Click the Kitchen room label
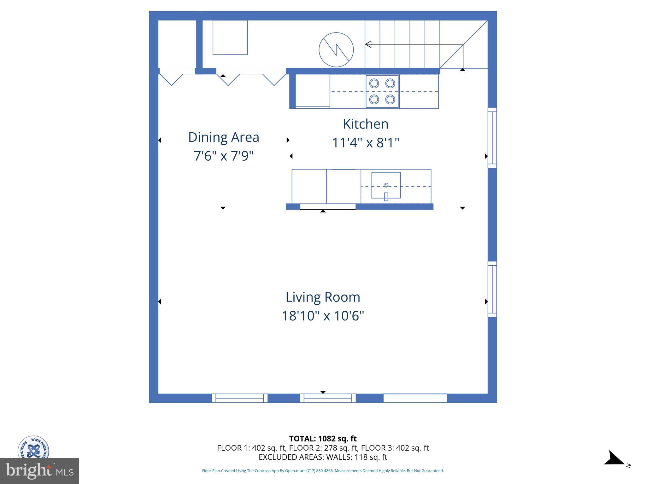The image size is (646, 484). pyautogui.click(x=365, y=124)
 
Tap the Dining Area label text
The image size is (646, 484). pyautogui.click(x=223, y=137)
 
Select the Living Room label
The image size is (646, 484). pyautogui.click(x=323, y=297)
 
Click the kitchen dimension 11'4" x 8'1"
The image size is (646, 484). pyautogui.click(x=365, y=142)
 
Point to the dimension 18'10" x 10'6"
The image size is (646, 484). pyautogui.click(x=323, y=315)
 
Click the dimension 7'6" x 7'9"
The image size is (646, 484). pyautogui.click(x=223, y=156)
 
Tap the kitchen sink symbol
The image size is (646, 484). pyautogui.click(x=386, y=185)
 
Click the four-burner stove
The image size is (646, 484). pyautogui.click(x=382, y=91)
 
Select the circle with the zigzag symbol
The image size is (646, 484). pyautogui.click(x=336, y=50)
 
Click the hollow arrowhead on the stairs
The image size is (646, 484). pyautogui.click(x=368, y=44)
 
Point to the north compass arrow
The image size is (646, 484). pyautogui.click(x=614, y=458)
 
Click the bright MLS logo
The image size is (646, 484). pyautogui.click(x=39, y=471)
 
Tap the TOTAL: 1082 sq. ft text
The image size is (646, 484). pyautogui.click(x=323, y=439)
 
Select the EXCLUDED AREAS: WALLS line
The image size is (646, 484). pyautogui.click(x=323, y=457)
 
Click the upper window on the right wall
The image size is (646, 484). pyautogui.click(x=492, y=138)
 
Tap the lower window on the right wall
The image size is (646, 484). pyautogui.click(x=492, y=289)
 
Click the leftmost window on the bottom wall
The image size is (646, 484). pyautogui.click(x=239, y=398)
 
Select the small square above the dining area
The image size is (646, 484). pyautogui.click(x=230, y=37)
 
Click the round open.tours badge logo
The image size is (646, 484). pyautogui.click(x=33, y=448)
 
